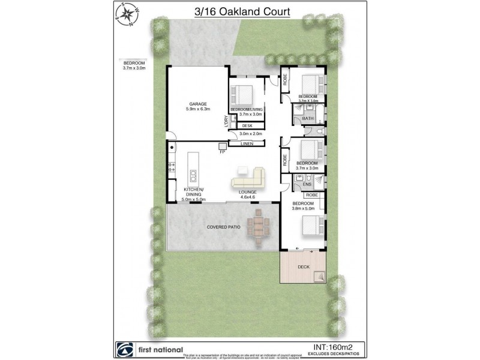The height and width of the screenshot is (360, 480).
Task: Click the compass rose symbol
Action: [127, 15]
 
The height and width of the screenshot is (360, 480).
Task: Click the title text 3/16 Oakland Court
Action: [240, 11]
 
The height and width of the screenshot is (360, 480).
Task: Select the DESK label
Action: [247, 125]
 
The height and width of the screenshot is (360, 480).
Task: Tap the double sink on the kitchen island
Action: [194, 176]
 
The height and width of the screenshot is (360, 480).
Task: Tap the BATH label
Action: [308, 119]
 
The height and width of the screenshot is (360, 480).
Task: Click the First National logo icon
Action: [124, 349]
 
